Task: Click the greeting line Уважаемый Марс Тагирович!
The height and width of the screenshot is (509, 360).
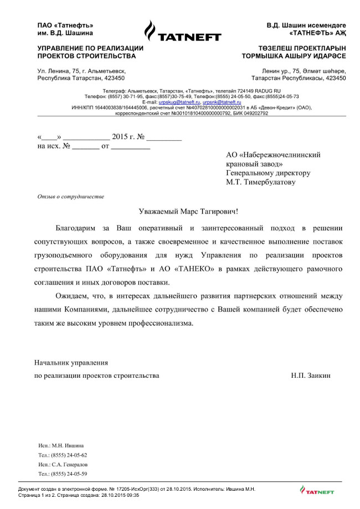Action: [x=188, y=211]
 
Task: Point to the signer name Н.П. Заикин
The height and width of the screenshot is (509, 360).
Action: [x=311, y=376]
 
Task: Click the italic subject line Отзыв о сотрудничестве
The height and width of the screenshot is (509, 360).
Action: [x=70, y=197]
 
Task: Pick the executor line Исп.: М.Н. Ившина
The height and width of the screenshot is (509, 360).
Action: [x=61, y=445]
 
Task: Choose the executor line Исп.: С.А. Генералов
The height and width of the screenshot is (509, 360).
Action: [x=63, y=464]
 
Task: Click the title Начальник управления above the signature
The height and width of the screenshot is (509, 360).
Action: [x=71, y=363]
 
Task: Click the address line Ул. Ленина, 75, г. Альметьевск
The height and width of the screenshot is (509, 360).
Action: [x=81, y=71]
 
